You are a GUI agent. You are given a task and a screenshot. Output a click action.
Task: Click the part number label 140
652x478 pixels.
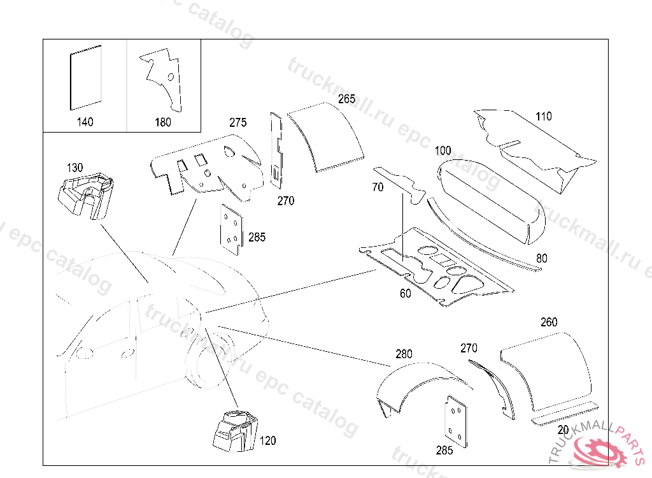(85, 122)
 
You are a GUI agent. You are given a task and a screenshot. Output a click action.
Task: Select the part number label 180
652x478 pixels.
(163, 122)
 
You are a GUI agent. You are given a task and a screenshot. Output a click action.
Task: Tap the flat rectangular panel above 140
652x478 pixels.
(85, 76)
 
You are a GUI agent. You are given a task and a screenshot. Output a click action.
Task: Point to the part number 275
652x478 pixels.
(238, 122)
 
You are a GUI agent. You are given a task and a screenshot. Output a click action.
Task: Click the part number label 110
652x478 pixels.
(544, 117)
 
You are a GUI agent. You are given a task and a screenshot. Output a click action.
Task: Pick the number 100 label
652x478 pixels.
(443, 151)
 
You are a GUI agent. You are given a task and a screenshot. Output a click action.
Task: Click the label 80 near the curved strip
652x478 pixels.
(541, 259)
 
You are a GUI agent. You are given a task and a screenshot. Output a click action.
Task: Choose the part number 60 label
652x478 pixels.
(405, 294)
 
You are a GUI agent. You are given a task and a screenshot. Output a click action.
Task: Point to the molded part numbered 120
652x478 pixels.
(234, 431)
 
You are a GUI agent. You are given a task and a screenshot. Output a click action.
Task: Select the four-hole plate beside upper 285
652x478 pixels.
(231, 230)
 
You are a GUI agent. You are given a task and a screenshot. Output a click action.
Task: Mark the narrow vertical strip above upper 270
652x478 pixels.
(276, 150)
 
